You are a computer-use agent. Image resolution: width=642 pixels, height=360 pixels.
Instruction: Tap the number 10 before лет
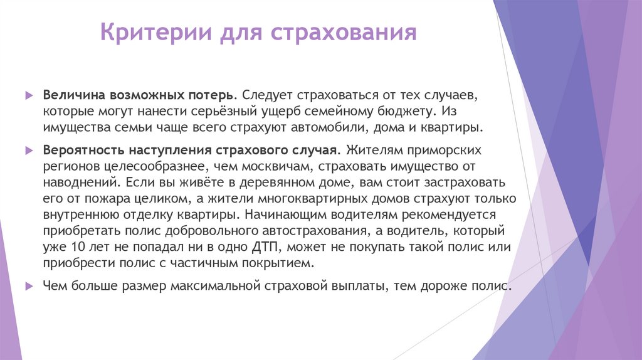[74, 246]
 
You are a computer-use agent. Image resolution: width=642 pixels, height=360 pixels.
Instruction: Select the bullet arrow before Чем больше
[28, 286]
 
